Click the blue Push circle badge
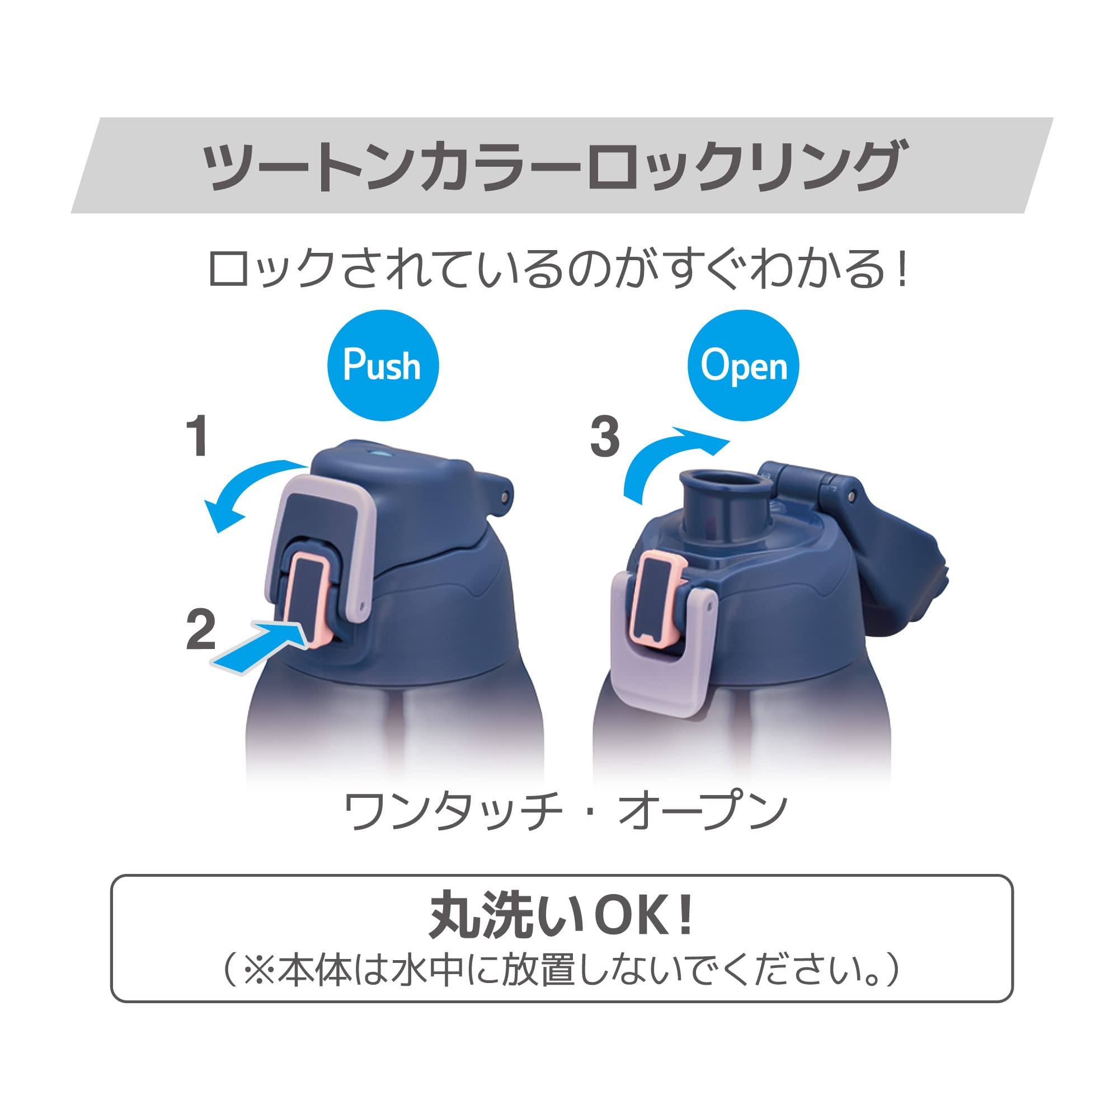coord(383,365)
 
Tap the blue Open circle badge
coord(743,365)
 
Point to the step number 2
coord(200,629)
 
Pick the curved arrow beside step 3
coord(660,458)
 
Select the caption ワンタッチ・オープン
coord(565,811)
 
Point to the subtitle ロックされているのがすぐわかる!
coord(558,269)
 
